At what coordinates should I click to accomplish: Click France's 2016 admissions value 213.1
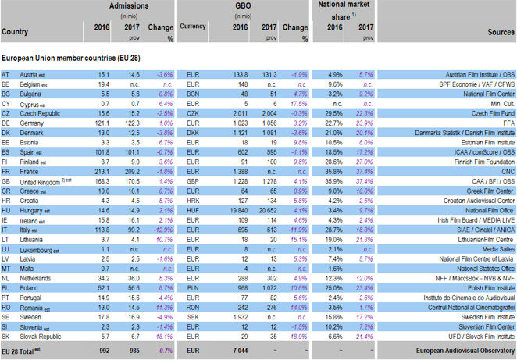pos(99,171)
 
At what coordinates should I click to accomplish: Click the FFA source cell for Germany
pos(506,123)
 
